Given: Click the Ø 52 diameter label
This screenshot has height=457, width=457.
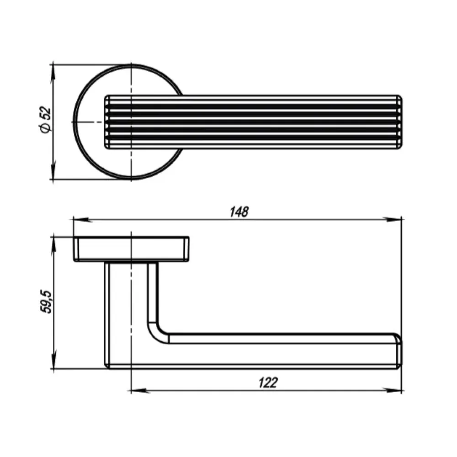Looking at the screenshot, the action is point(45,120).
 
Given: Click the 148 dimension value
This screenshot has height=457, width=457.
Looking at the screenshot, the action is point(239,212).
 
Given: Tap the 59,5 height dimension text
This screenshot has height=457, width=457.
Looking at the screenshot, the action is point(46,302).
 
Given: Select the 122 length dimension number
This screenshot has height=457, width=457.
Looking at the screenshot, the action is point(268,383).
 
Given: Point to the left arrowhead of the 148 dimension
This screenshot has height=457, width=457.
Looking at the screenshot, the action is point(82,219).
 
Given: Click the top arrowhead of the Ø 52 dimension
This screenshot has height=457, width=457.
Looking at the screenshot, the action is point(53,74).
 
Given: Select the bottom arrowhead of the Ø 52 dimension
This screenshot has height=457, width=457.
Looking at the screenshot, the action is point(53,170).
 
